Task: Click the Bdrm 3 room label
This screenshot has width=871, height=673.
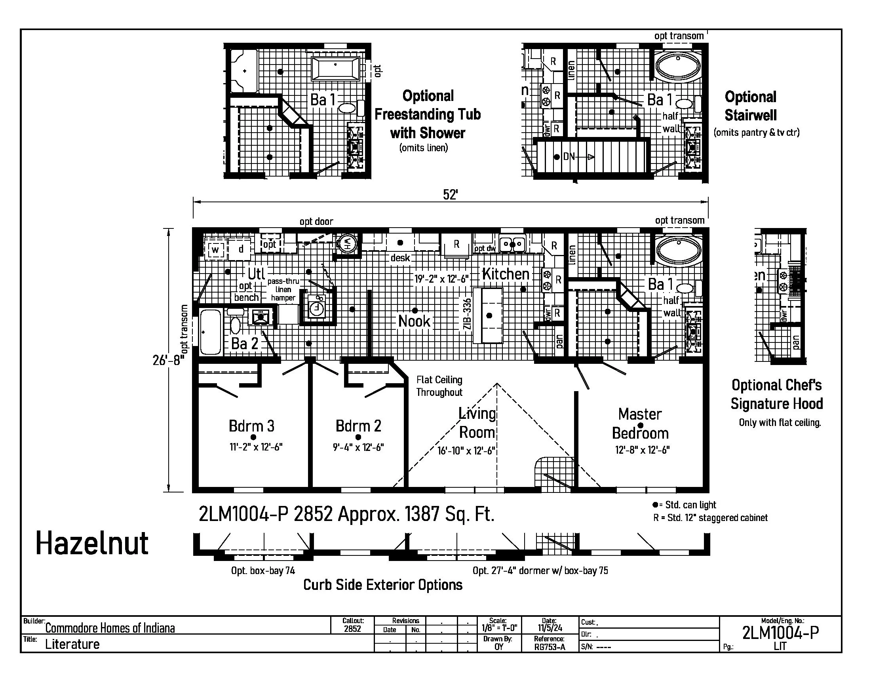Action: (252, 426)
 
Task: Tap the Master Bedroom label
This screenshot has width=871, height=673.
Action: (640, 424)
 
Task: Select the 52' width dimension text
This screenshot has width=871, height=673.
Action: (450, 194)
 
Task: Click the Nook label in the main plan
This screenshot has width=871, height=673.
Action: (415, 321)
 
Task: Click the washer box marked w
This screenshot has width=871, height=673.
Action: (215, 250)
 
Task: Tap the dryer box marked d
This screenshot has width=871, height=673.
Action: (240, 249)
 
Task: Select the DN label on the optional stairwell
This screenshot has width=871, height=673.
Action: (569, 157)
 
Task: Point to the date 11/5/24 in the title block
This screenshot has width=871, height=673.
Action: (550, 628)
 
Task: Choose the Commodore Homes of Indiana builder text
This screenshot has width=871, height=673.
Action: (110, 628)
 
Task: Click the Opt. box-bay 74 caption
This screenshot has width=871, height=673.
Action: (263, 570)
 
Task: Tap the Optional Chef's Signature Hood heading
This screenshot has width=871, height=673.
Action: (776, 394)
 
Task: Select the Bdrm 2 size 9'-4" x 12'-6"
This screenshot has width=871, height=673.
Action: (358, 447)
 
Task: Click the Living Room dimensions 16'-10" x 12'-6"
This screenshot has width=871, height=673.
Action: (466, 451)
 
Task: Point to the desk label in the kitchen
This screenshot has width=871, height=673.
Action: (400, 258)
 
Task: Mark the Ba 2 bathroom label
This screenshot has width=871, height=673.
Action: (244, 343)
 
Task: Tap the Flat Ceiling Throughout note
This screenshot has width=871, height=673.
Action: (439, 386)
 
